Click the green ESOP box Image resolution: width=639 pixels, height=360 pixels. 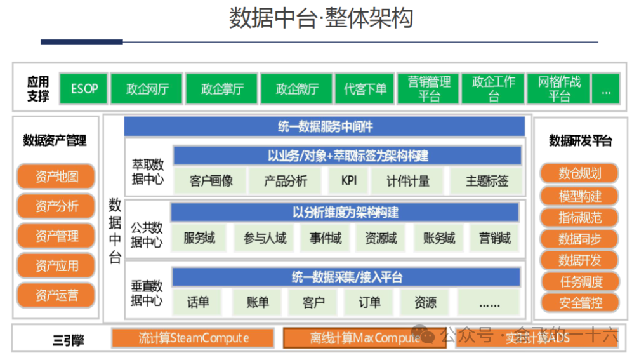(84, 89)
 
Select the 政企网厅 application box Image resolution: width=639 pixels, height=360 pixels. (147, 89)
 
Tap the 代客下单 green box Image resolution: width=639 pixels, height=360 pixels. (365, 89)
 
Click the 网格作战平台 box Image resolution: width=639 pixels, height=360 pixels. (559, 89)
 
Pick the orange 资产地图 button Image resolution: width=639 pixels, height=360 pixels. (56, 177)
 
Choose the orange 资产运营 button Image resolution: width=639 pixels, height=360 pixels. (56, 295)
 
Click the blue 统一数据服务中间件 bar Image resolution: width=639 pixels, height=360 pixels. (324, 126)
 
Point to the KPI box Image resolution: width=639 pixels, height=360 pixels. (348, 181)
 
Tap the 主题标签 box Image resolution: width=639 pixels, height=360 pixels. (487, 181)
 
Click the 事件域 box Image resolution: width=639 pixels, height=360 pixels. (326, 239)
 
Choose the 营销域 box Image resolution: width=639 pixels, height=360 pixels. (494, 239)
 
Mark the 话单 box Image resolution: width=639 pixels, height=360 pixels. (198, 302)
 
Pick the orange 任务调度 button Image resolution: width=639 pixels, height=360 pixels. (579, 281)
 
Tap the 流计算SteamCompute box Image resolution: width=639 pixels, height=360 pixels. (193, 338)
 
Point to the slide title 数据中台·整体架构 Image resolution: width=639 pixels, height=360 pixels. (320, 19)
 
